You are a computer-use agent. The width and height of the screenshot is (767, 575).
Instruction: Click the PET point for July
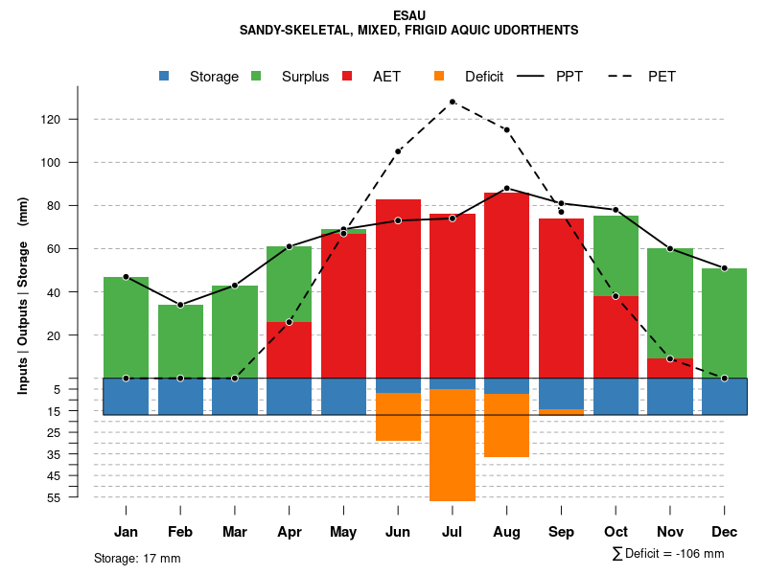click(452, 102)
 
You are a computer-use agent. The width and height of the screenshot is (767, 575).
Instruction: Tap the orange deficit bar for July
click(453, 445)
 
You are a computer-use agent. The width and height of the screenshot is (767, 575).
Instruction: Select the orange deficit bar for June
click(398, 417)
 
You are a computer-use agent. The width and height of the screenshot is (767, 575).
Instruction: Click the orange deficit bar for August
click(506, 425)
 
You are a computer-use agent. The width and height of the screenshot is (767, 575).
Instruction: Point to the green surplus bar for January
click(126, 327)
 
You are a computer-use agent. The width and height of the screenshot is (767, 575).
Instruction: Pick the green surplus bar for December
click(724, 323)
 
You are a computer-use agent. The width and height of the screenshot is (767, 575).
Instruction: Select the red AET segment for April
click(289, 350)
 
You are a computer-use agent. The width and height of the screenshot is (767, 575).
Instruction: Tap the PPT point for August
click(506, 189)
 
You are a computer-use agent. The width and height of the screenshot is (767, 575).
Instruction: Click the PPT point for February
click(180, 305)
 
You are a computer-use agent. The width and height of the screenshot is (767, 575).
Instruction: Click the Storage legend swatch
click(165, 77)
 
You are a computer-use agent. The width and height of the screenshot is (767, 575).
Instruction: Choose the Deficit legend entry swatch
click(440, 77)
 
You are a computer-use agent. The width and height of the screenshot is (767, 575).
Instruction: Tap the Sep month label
click(562, 532)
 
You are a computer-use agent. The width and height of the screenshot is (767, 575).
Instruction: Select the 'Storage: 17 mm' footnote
click(137, 558)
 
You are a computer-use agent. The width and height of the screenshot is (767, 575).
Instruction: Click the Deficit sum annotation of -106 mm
click(668, 554)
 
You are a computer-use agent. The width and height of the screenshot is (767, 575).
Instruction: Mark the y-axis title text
click(23, 295)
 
